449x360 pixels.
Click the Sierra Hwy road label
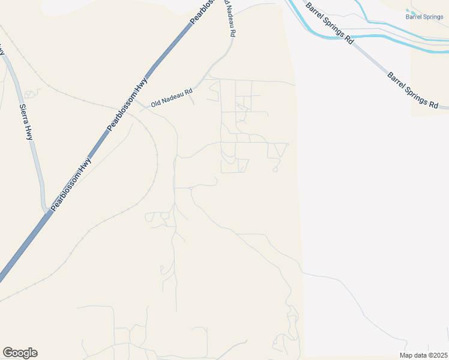pyautogui.click(x=26, y=122)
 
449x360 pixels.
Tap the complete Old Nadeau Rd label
pyautogui.click(x=172, y=97)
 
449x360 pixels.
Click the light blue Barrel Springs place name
pyautogui.click(x=424, y=17)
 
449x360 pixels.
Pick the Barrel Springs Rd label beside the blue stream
pyautogui.click(x=329, y=23)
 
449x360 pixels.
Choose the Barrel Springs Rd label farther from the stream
pyautogui.click(x=413, y=90)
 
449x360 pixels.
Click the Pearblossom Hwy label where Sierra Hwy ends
pyautogui.click(x=71, y=184)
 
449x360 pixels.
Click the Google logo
pyautogui.click(x=20, y=353)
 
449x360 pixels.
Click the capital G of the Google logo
pyautogui.click(x=8, y=353)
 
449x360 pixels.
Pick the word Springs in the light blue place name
pyautogui.click(x=432, y=17)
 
